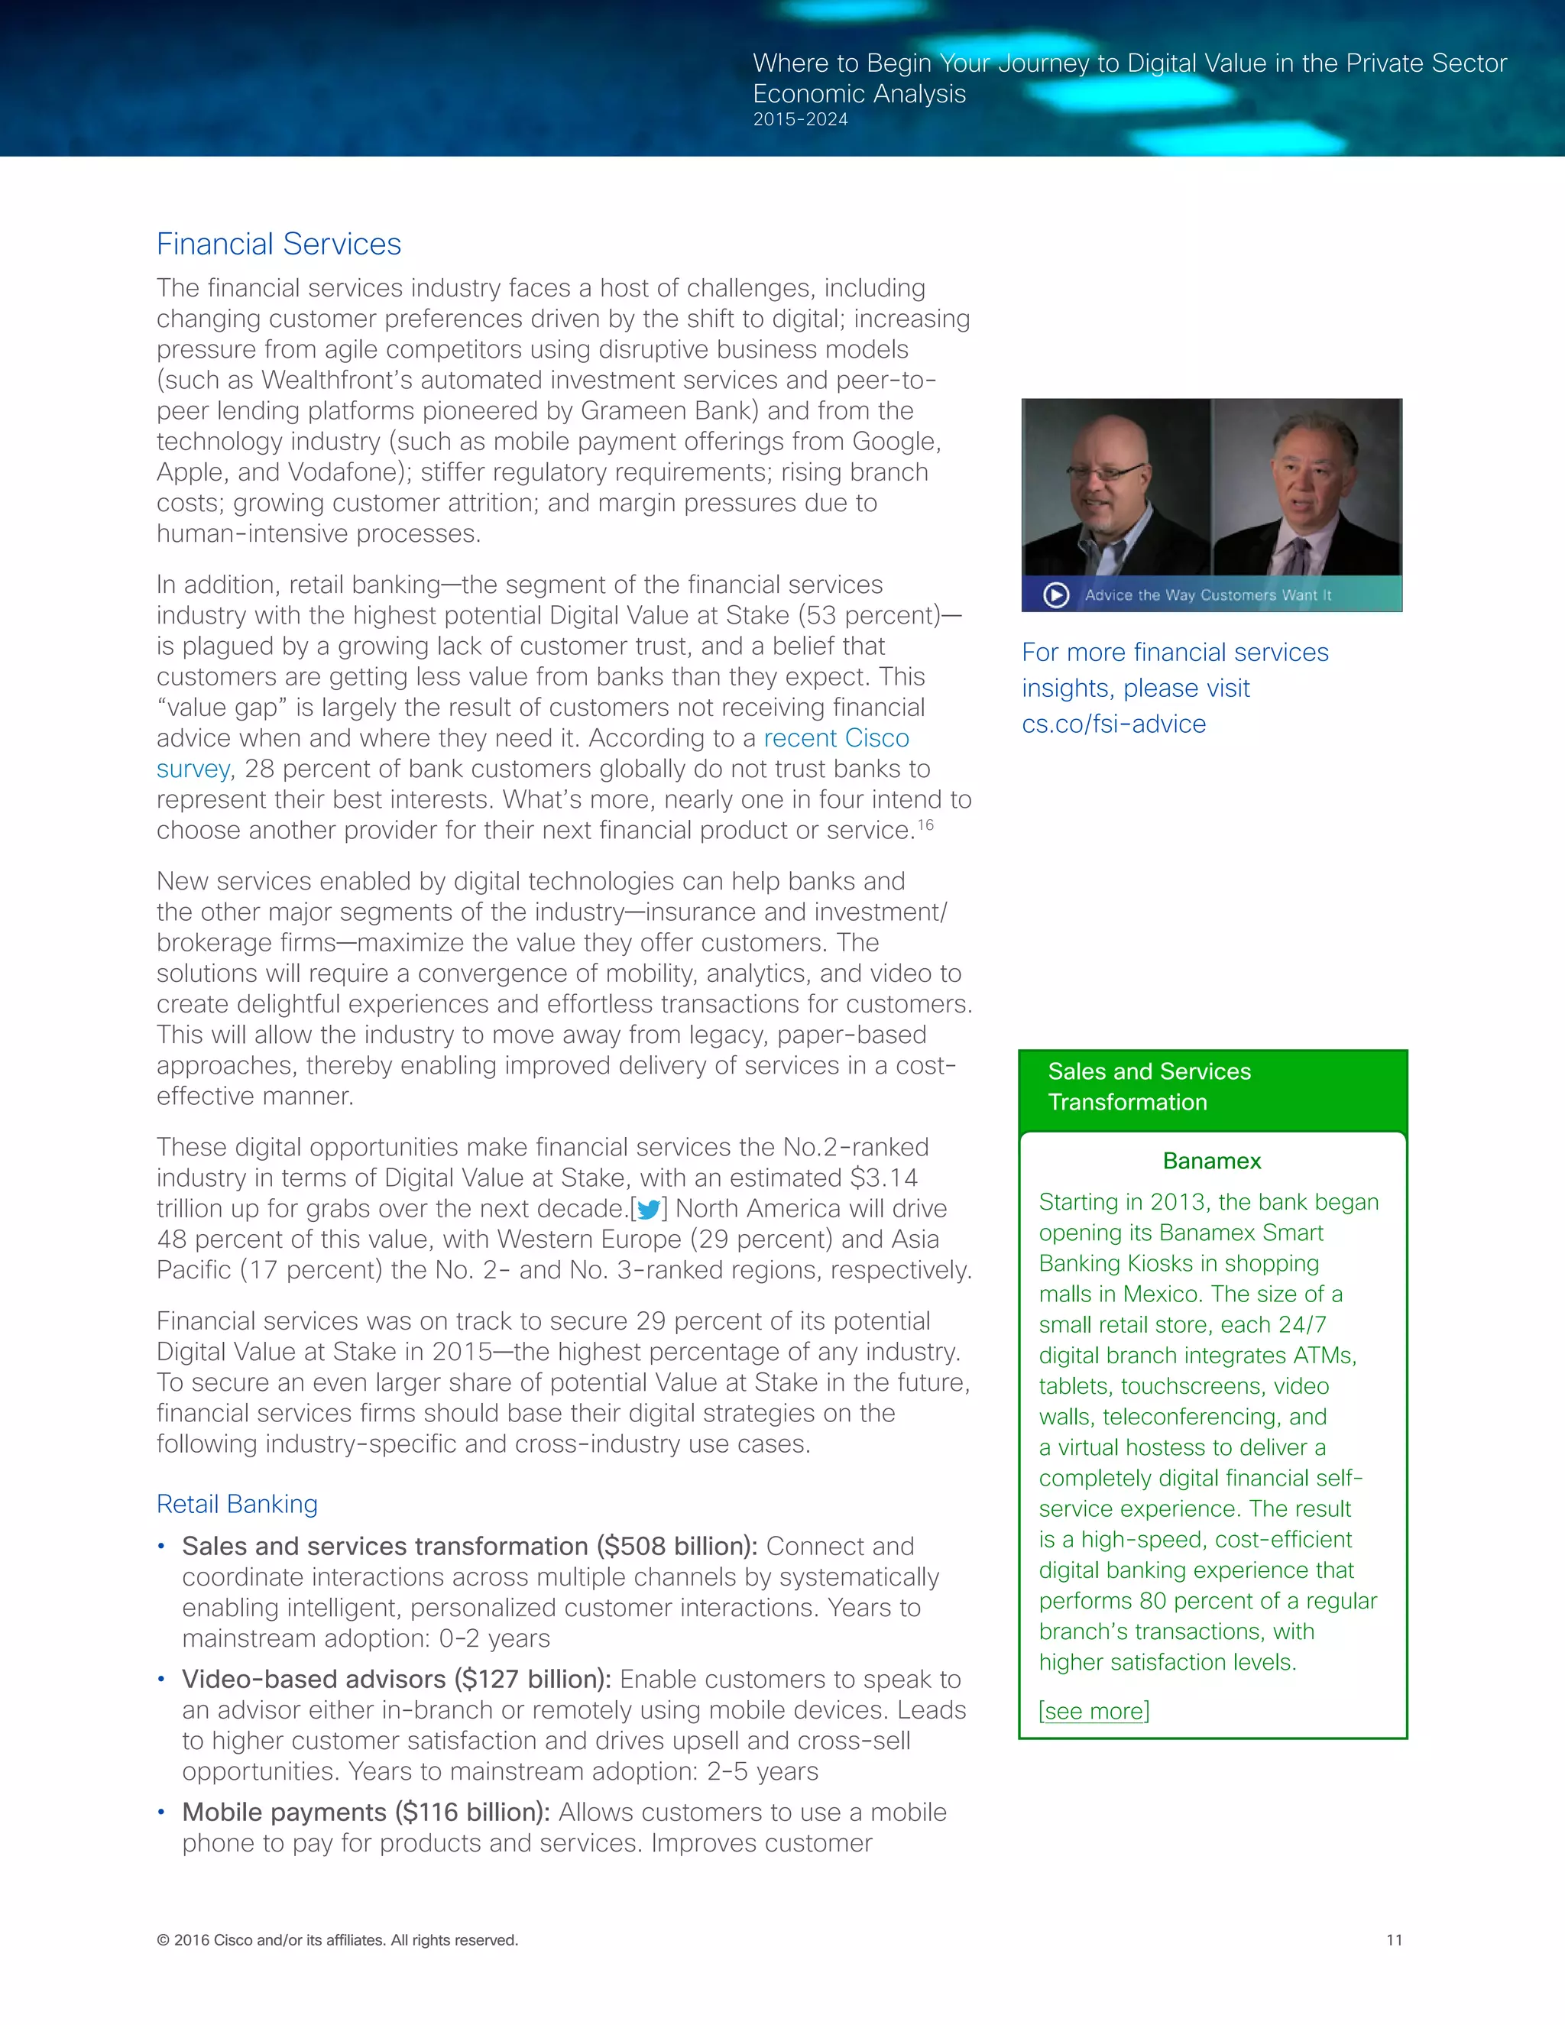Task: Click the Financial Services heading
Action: coord(278,244)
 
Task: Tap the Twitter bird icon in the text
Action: coord(649,1209)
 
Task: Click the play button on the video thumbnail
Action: coord(1056,595)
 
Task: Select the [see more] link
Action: coord(1093,1711)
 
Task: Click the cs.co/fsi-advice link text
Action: coord(1113,724)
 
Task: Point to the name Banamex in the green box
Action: coord(1212,1161)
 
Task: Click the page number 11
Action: coord(1394,1939)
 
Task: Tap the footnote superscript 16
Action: coord(925,825)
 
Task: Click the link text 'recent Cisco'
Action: coord(836,738)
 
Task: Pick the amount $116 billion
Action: coord(472,1812)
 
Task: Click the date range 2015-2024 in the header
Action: coord(800,120)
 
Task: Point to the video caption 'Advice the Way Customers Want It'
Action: coord(1207,595)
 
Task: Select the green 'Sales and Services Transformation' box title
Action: coord(1149,1087)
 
